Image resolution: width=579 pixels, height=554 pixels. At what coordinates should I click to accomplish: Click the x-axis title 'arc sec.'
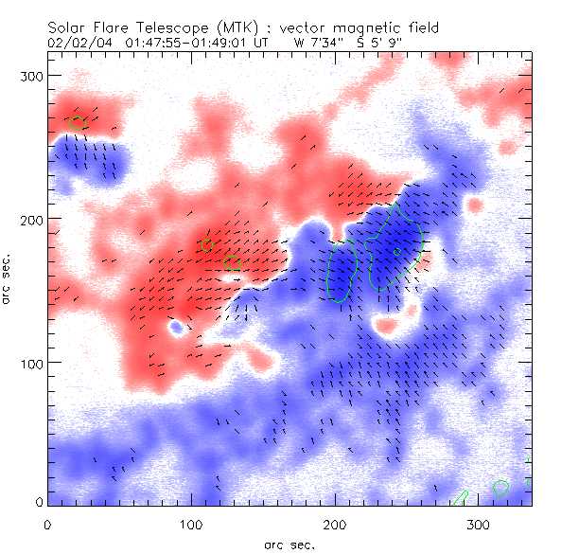289,545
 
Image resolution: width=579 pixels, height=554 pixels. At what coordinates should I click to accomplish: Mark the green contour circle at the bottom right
501,489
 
